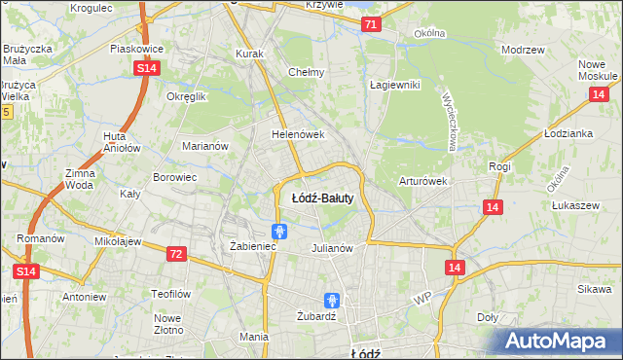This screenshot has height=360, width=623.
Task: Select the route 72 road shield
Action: coord(175,254)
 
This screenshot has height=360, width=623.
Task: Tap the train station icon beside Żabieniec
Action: coord(279,231)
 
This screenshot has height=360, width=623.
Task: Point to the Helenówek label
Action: coord(297,134)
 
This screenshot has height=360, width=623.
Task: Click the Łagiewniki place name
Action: coord(394,85)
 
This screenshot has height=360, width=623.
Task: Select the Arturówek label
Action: coord(422,181)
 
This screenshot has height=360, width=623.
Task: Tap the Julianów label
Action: coord(331,248)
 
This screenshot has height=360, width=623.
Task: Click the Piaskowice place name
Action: coord(136,48)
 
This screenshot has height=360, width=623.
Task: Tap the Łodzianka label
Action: coord(569,133)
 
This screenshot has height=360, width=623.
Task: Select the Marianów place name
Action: coord(205,146)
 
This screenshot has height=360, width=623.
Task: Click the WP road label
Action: coord(421,296)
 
